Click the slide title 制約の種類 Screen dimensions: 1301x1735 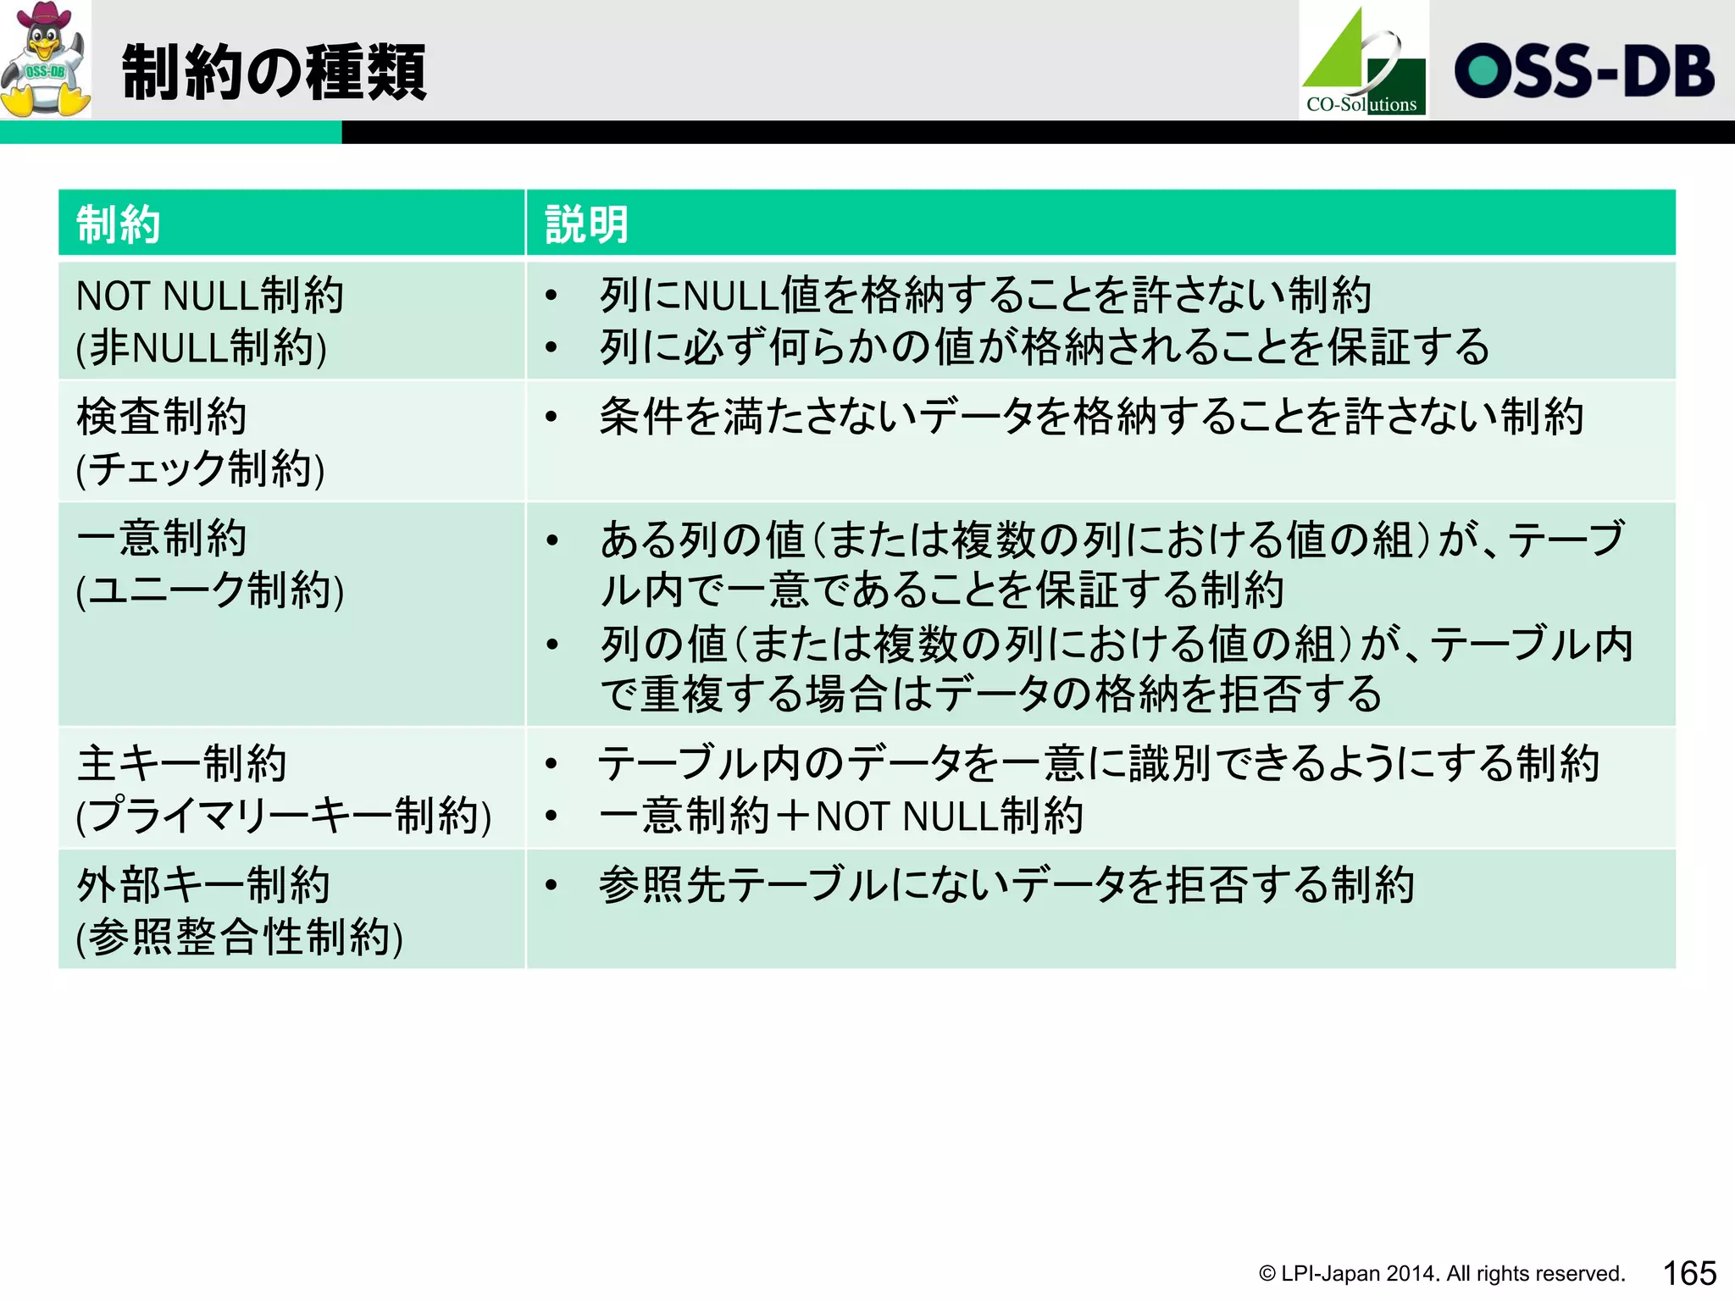pyautogui.click(x=274, y=73)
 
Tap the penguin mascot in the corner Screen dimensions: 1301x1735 pyautogui.click(x=45, y=59)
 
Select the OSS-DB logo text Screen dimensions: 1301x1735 pyautogui.click(x=1584, y=71)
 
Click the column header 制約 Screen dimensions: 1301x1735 pyautogui.click(x=119, y=224)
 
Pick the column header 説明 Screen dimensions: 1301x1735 pyautogui.click(x=586, y=224)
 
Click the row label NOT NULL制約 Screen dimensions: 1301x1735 pyautogui.click(x=209, y=296)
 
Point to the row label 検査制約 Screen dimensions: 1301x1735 pyautogui.click(x=161, y=417)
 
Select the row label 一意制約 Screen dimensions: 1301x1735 pyautogui.click(x=161, y=539)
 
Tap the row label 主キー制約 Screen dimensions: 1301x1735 pyautogui.click(x=181, y=763)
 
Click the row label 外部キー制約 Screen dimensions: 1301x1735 pyautogui.click(x=203, y=885)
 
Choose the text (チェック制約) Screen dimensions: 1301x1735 pyautogui.click(x=200, y=469)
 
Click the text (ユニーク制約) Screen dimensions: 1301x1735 pyautogui.click(x=210, y=590)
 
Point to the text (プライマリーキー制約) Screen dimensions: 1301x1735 pyautogui.click(x=284, y=816)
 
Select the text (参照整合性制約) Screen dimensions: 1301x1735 pyautogui.click(x=239, y=938)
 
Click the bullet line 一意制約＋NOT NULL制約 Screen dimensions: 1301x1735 pyautogui.click(x=840, y=816)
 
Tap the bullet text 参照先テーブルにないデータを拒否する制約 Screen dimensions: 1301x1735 pyautogui.click(x=1006, y=885)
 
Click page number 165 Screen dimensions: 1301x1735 pyautogui.click(x=1688, y=1273)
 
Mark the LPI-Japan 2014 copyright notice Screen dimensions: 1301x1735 pyautogui.click(x=1441, y=1274)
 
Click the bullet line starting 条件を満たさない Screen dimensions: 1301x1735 pyautogui.click(x=1091, y=417)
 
